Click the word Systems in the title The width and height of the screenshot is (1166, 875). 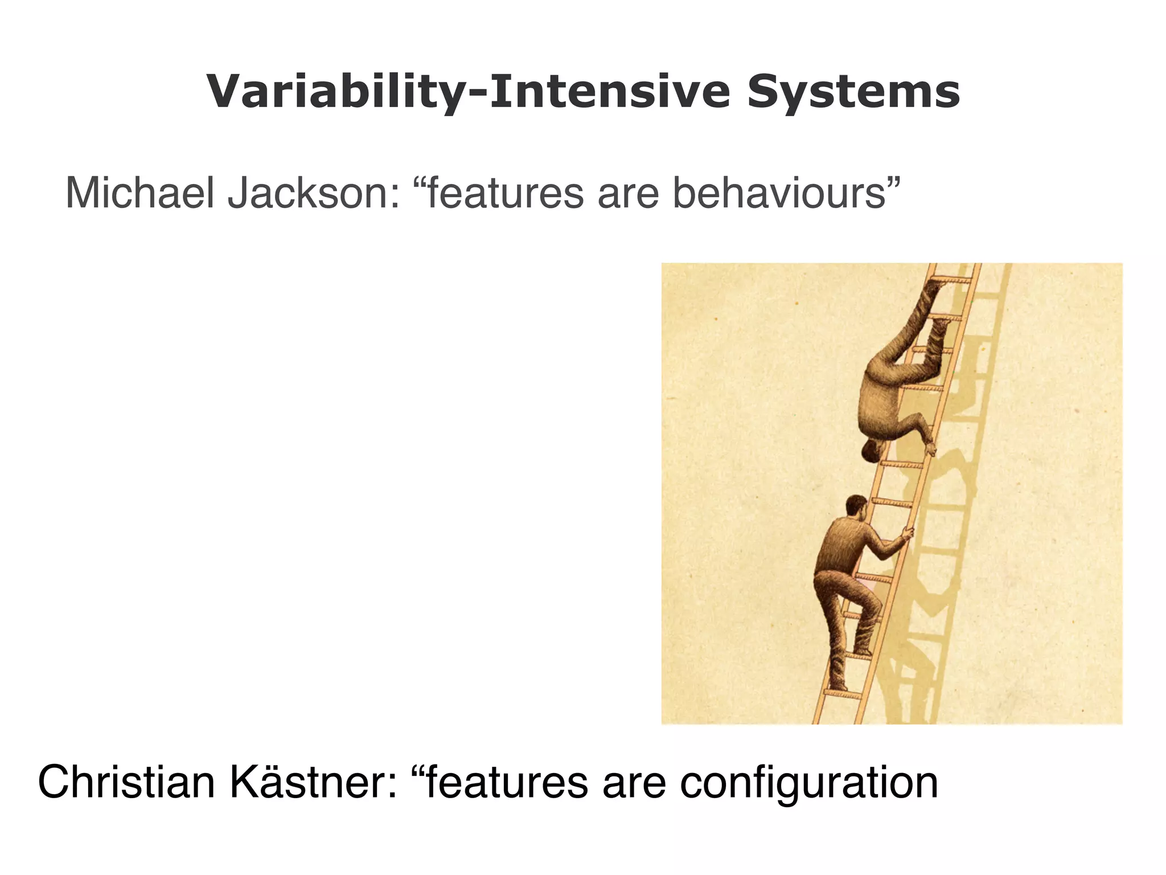tap(853, 92)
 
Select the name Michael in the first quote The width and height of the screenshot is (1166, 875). tap(140, 194)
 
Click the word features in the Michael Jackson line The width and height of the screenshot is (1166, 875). tap(504, 194)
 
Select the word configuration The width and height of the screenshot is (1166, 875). tap(808, 783)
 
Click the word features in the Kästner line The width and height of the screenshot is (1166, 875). tap(507, 783)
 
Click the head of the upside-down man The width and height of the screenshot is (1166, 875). tap(872, 450)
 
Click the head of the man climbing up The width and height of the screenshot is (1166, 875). tap(856, 506)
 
